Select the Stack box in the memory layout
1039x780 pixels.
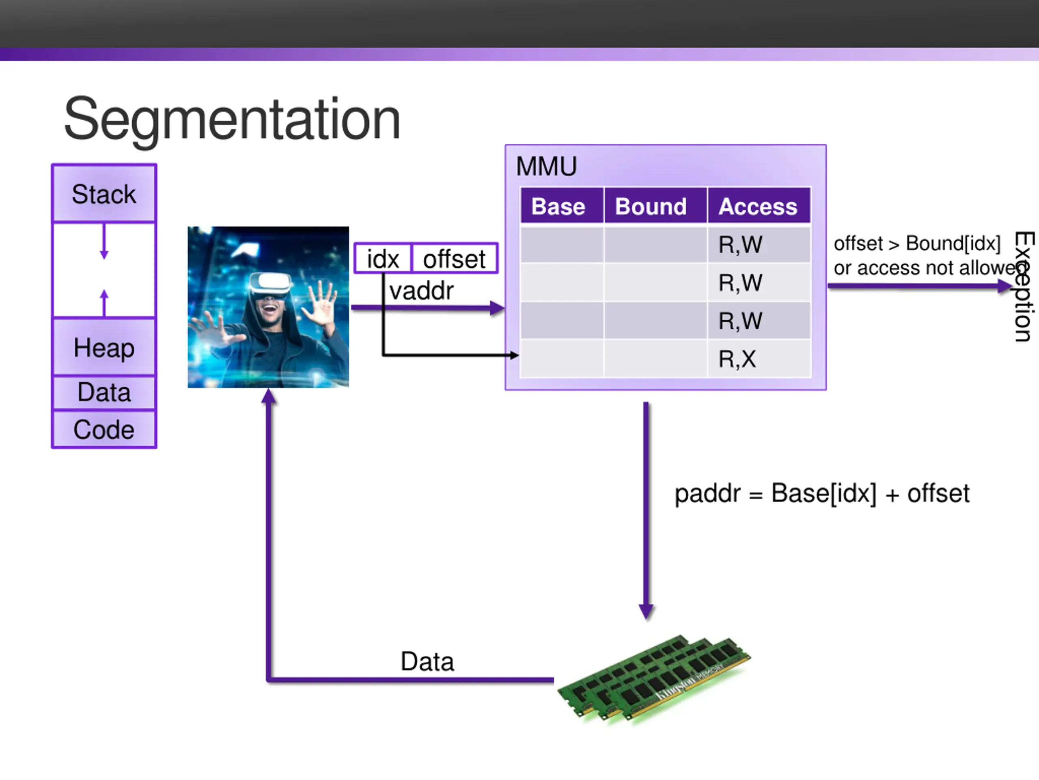tap(104, 194)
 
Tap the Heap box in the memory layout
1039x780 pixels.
tap(104, 348)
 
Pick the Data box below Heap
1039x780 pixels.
tap(104, 392)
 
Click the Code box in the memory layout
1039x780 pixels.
tap(104, 429)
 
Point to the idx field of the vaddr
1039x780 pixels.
tap(383, 259)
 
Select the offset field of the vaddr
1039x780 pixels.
tap(454, 259)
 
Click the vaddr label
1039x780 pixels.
tap(421, 290)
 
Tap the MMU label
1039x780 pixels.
tap(546, 167)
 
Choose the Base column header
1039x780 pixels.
tap(558, 206)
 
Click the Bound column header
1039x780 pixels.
tap(651, 206)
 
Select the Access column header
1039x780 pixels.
tap(758, 206)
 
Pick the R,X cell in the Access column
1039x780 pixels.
tap(737, 359)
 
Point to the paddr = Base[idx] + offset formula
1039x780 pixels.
tap(822, 494)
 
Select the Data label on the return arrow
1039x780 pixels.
tap(427, 661)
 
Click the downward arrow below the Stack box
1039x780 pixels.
tap(104, 242)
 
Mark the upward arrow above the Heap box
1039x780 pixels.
tap(104, 302)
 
